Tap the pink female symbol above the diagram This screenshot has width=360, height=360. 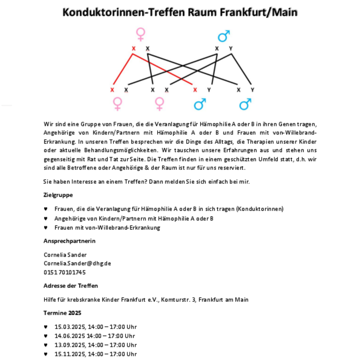click(x=140, y=34)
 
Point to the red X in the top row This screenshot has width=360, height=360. click(x=134, y=49)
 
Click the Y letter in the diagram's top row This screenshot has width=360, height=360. click(x=231, y=49)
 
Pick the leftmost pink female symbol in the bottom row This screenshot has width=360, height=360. click(x=118, y=104)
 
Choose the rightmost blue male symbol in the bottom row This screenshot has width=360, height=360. click(x=245, y=104)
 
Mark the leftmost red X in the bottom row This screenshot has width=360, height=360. click(x=112, y=90)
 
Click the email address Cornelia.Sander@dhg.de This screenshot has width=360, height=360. click(x=77, y=263)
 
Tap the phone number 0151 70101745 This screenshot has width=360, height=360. click(x=64, y=272)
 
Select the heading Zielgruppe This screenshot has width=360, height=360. click(x=58, y=195)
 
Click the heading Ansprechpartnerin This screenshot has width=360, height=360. click(x=69, y=241)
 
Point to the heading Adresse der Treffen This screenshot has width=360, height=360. click(x=71, y=286)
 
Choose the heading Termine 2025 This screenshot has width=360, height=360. click(x=62, y=312)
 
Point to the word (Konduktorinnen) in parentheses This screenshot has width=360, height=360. click(x=260, y=209)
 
